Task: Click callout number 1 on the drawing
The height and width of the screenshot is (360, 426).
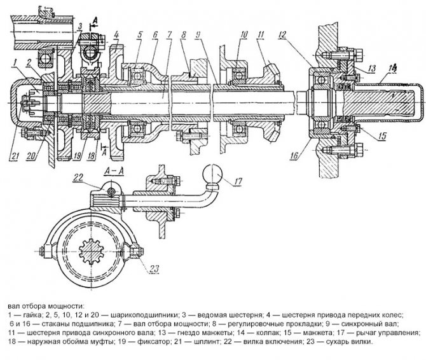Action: coord(13,60)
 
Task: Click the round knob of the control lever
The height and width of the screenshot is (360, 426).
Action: coord(210,174)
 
